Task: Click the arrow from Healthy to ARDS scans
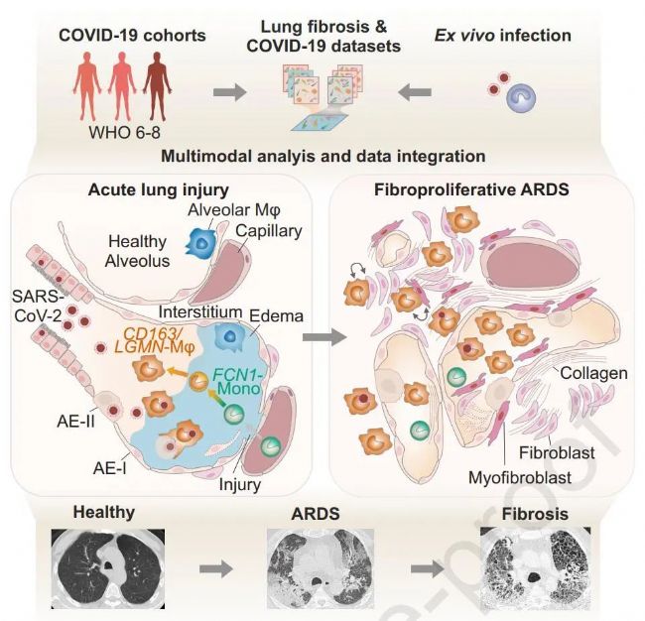211,572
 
